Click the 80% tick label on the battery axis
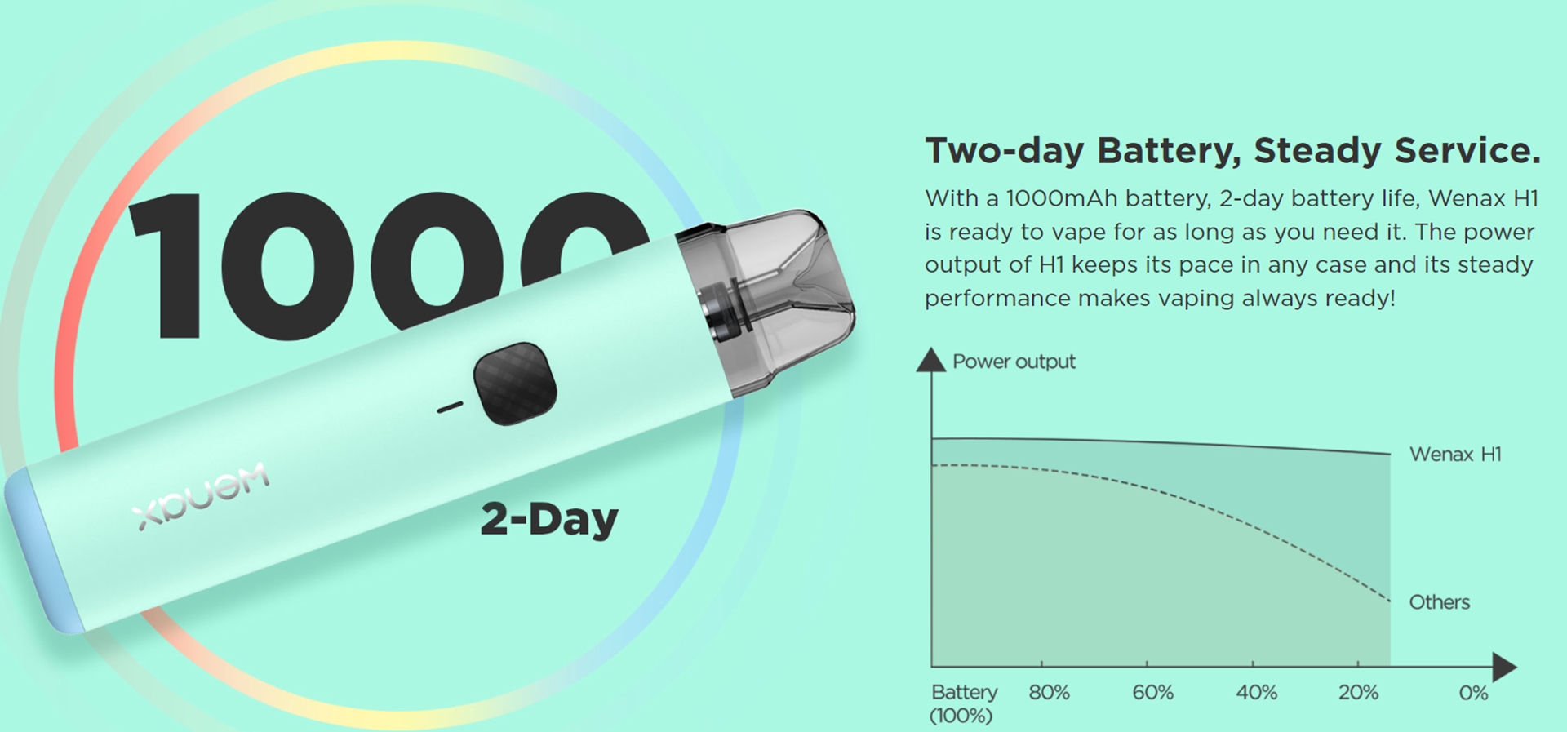pos(1049,693)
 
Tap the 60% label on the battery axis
pos(1152,693)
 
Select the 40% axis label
pos(1256,693)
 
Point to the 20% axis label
pos(1358,693)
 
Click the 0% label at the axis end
pos(1473,693)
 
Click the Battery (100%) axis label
pos(963,703)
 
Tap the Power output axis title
pos(1014,362)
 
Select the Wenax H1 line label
pos(1455,454)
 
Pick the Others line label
pos(1439,602)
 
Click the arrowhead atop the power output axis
pos(930,360)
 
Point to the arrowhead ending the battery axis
pos(1504,667)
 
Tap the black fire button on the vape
pos(515,384)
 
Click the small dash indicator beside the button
pos(450,406)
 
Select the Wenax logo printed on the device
pos(202,496)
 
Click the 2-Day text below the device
pos(549,519)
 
